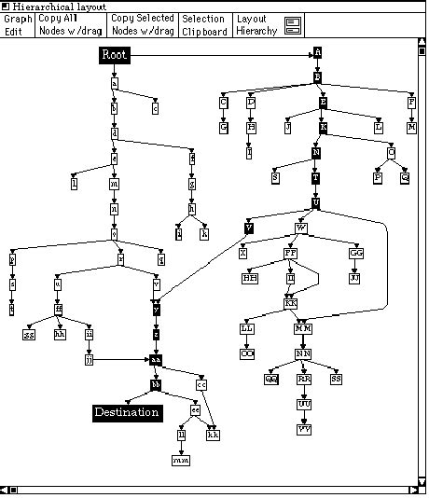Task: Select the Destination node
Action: pyautogui.click(x=127, y=412)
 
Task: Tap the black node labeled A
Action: pyautogui.click(x=317, y=55)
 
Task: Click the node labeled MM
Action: pyautogui.click(x=303, y=328)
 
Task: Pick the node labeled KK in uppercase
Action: pyautogui.click(x=291, y=303)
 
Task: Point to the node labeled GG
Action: pyautogui.click(x=355, y=253)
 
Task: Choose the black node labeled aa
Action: pyautogui.click(x=156, y=358)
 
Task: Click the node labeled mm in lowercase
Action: pyautogui.click(x=180, y=460)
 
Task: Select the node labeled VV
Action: pyautogui.click(x=304, y=429)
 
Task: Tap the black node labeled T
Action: pyautogui.click(x=316, y=177)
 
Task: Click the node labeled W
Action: pyautogui.click(x=301, y=228)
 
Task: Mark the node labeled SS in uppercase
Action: pyautogui.click(x=336, y=379)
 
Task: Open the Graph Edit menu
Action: pyautogui.click(x=18, y=25)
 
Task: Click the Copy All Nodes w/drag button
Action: pyautogui.click(x=71, y=25)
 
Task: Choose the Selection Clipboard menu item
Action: pyautogui.click(x=203, y=25)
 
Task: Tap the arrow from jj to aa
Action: pyautogui.click(x=121, y=358)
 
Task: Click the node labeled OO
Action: pyautogui.click(x=247, y=353)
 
